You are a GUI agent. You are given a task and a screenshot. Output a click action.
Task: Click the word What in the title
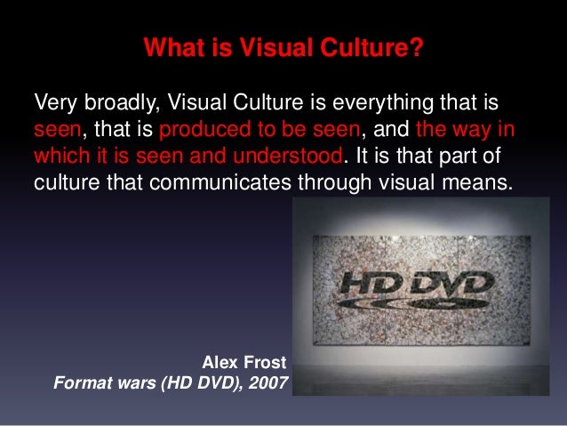[169, 45]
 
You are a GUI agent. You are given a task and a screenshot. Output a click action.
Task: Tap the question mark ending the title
[416, 45]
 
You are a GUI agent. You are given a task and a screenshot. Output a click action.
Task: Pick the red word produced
[199, 129]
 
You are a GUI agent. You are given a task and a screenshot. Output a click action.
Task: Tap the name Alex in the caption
[221, 364]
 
